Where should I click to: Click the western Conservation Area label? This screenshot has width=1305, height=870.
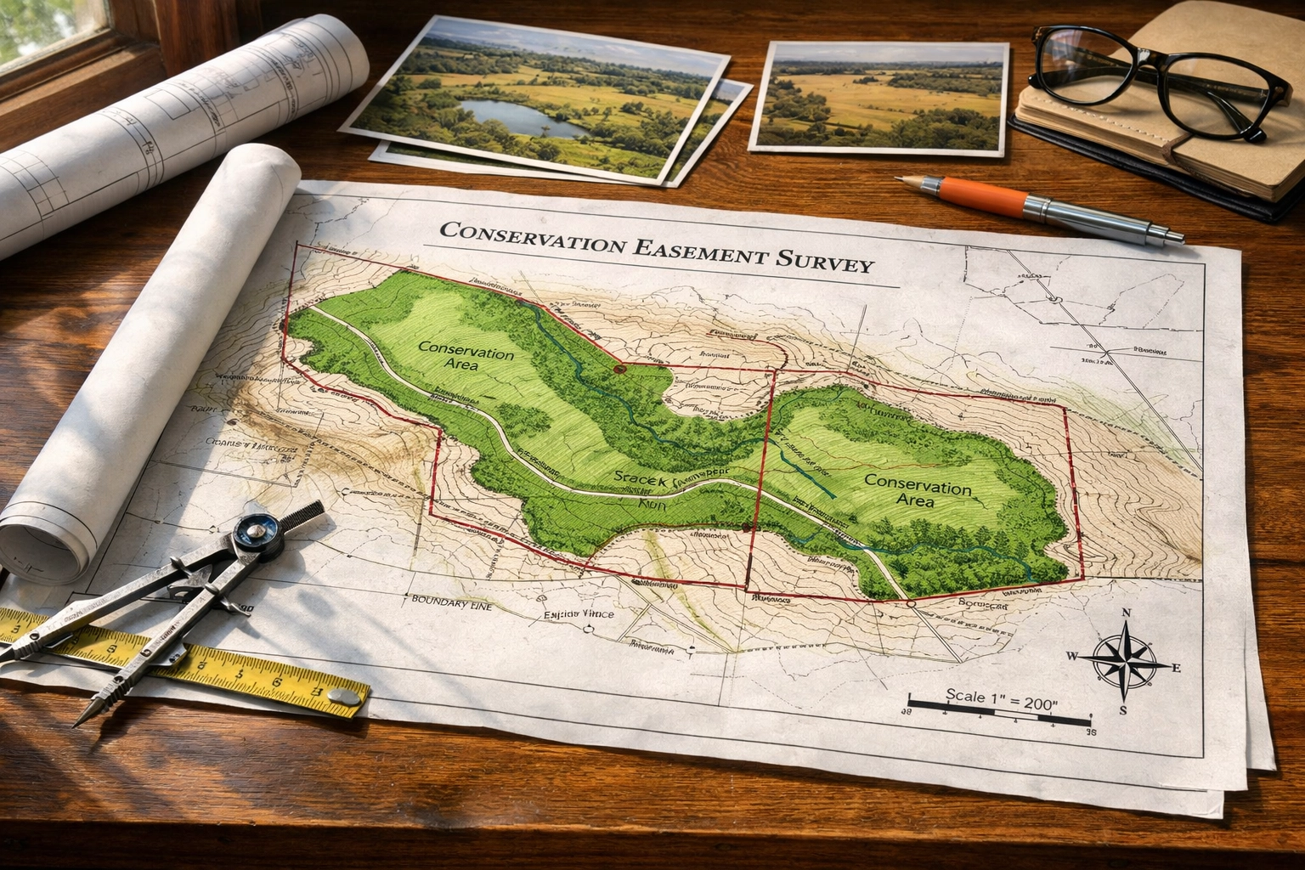click(x=466, y=357)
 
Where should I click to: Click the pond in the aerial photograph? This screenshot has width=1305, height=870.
click(x=514, y=118)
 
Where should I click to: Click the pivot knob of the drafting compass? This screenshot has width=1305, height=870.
click(x=253, y=534)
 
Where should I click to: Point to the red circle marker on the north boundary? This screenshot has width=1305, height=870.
click(x=619, y=370)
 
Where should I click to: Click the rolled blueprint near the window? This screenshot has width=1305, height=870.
click(x=187, y=110)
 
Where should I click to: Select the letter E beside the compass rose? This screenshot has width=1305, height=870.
click(x=1177, y=668)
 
